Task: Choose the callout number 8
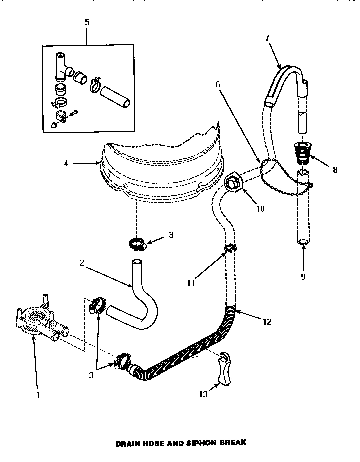pyautogui.click(x=335, y=170)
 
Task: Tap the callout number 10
pyautogui.click(x=260, y=209)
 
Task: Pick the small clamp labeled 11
pyautogui.click(x=230, y=247)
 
